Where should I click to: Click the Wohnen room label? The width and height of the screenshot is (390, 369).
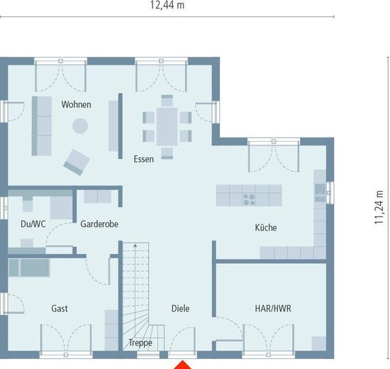pos(76,104)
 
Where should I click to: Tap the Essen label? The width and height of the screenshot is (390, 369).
pos(143,159)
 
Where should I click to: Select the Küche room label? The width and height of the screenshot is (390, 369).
pos(266,227)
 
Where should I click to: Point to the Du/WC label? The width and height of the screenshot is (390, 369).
pos(33,224)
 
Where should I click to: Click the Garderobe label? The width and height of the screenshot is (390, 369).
pos(99,224)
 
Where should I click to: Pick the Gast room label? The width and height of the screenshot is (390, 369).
pos(60,309)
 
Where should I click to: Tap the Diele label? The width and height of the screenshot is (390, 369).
pos(181,309)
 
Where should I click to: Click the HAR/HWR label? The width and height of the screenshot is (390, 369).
pos(273,309)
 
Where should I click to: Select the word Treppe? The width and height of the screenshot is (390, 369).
pos(140,343)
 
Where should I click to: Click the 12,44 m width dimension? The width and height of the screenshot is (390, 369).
pos(167,5)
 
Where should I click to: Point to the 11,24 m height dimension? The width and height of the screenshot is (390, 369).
pos(379,207)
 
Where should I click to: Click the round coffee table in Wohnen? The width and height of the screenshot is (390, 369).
pos(80,126)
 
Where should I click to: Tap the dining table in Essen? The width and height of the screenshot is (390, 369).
pos(167,126)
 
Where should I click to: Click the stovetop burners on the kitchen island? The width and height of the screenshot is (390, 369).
pos(249,199)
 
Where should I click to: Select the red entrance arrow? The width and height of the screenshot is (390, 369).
pos(182,365)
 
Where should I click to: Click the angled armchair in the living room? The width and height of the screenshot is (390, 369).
pos(77,163)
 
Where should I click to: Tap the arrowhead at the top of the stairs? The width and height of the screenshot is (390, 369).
pos(135,246)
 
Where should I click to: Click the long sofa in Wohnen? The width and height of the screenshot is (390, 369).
pos(42,126)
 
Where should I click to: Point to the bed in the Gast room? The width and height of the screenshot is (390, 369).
pos(29,268)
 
